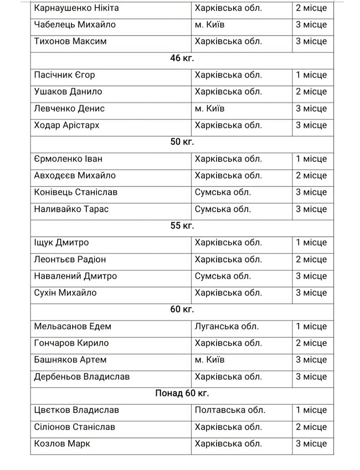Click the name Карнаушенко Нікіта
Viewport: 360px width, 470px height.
coord(76,8)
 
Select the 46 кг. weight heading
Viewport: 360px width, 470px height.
coord(182,58)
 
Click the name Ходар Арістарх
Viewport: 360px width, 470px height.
coord(66,125)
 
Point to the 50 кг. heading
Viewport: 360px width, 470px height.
coord(182,142)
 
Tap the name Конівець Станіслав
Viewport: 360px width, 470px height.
coord(75,192)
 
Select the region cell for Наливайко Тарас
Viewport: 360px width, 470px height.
coord(223,209)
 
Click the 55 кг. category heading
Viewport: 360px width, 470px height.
coord(182,226)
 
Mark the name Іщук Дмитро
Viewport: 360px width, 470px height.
coord(61,243)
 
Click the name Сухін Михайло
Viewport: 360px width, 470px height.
coord(65,293)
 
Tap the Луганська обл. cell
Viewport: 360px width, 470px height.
coord(227,326)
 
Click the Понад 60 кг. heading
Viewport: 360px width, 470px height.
coord(182,394)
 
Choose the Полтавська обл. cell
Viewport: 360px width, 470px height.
coord(230,410)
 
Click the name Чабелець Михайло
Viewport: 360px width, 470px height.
coord(72,25)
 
